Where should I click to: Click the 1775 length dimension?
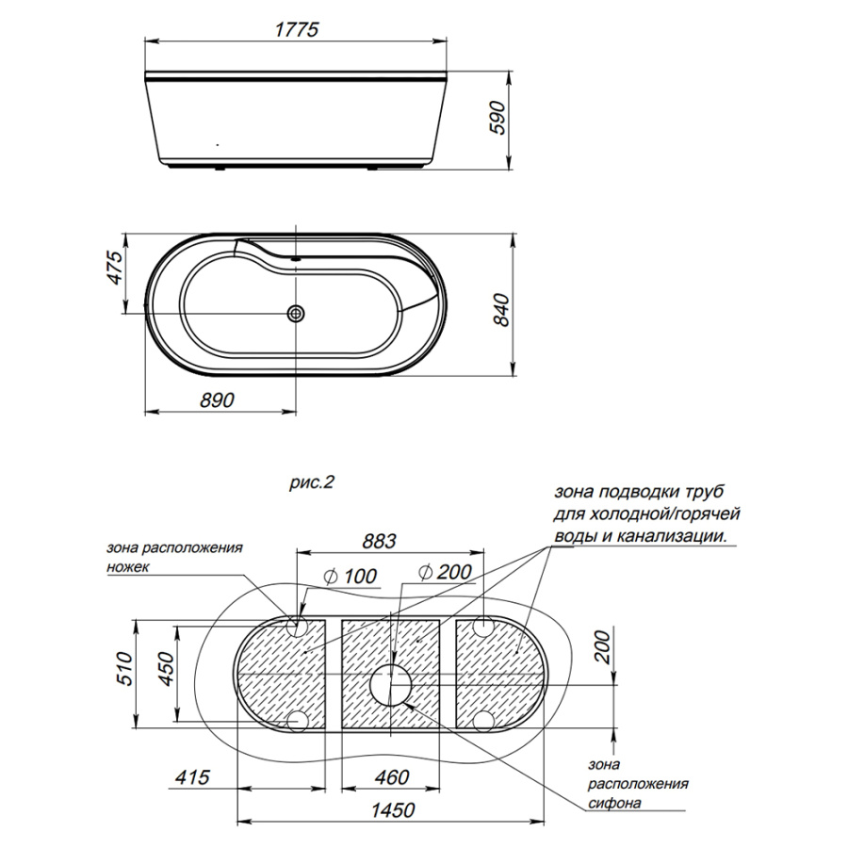[x=297, y=29]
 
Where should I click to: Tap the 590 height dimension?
[x=497, y=118]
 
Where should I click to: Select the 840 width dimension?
[x=502, y=310]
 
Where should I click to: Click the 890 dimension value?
[x=217, y=400]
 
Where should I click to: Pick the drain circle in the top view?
[x=296, y=313]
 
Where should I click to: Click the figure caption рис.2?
[x=312, y=481]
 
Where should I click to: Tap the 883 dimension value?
[x=379, y=541]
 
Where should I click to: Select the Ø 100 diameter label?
[x=350, y=577]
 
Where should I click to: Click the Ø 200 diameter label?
[x=445, y=572]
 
